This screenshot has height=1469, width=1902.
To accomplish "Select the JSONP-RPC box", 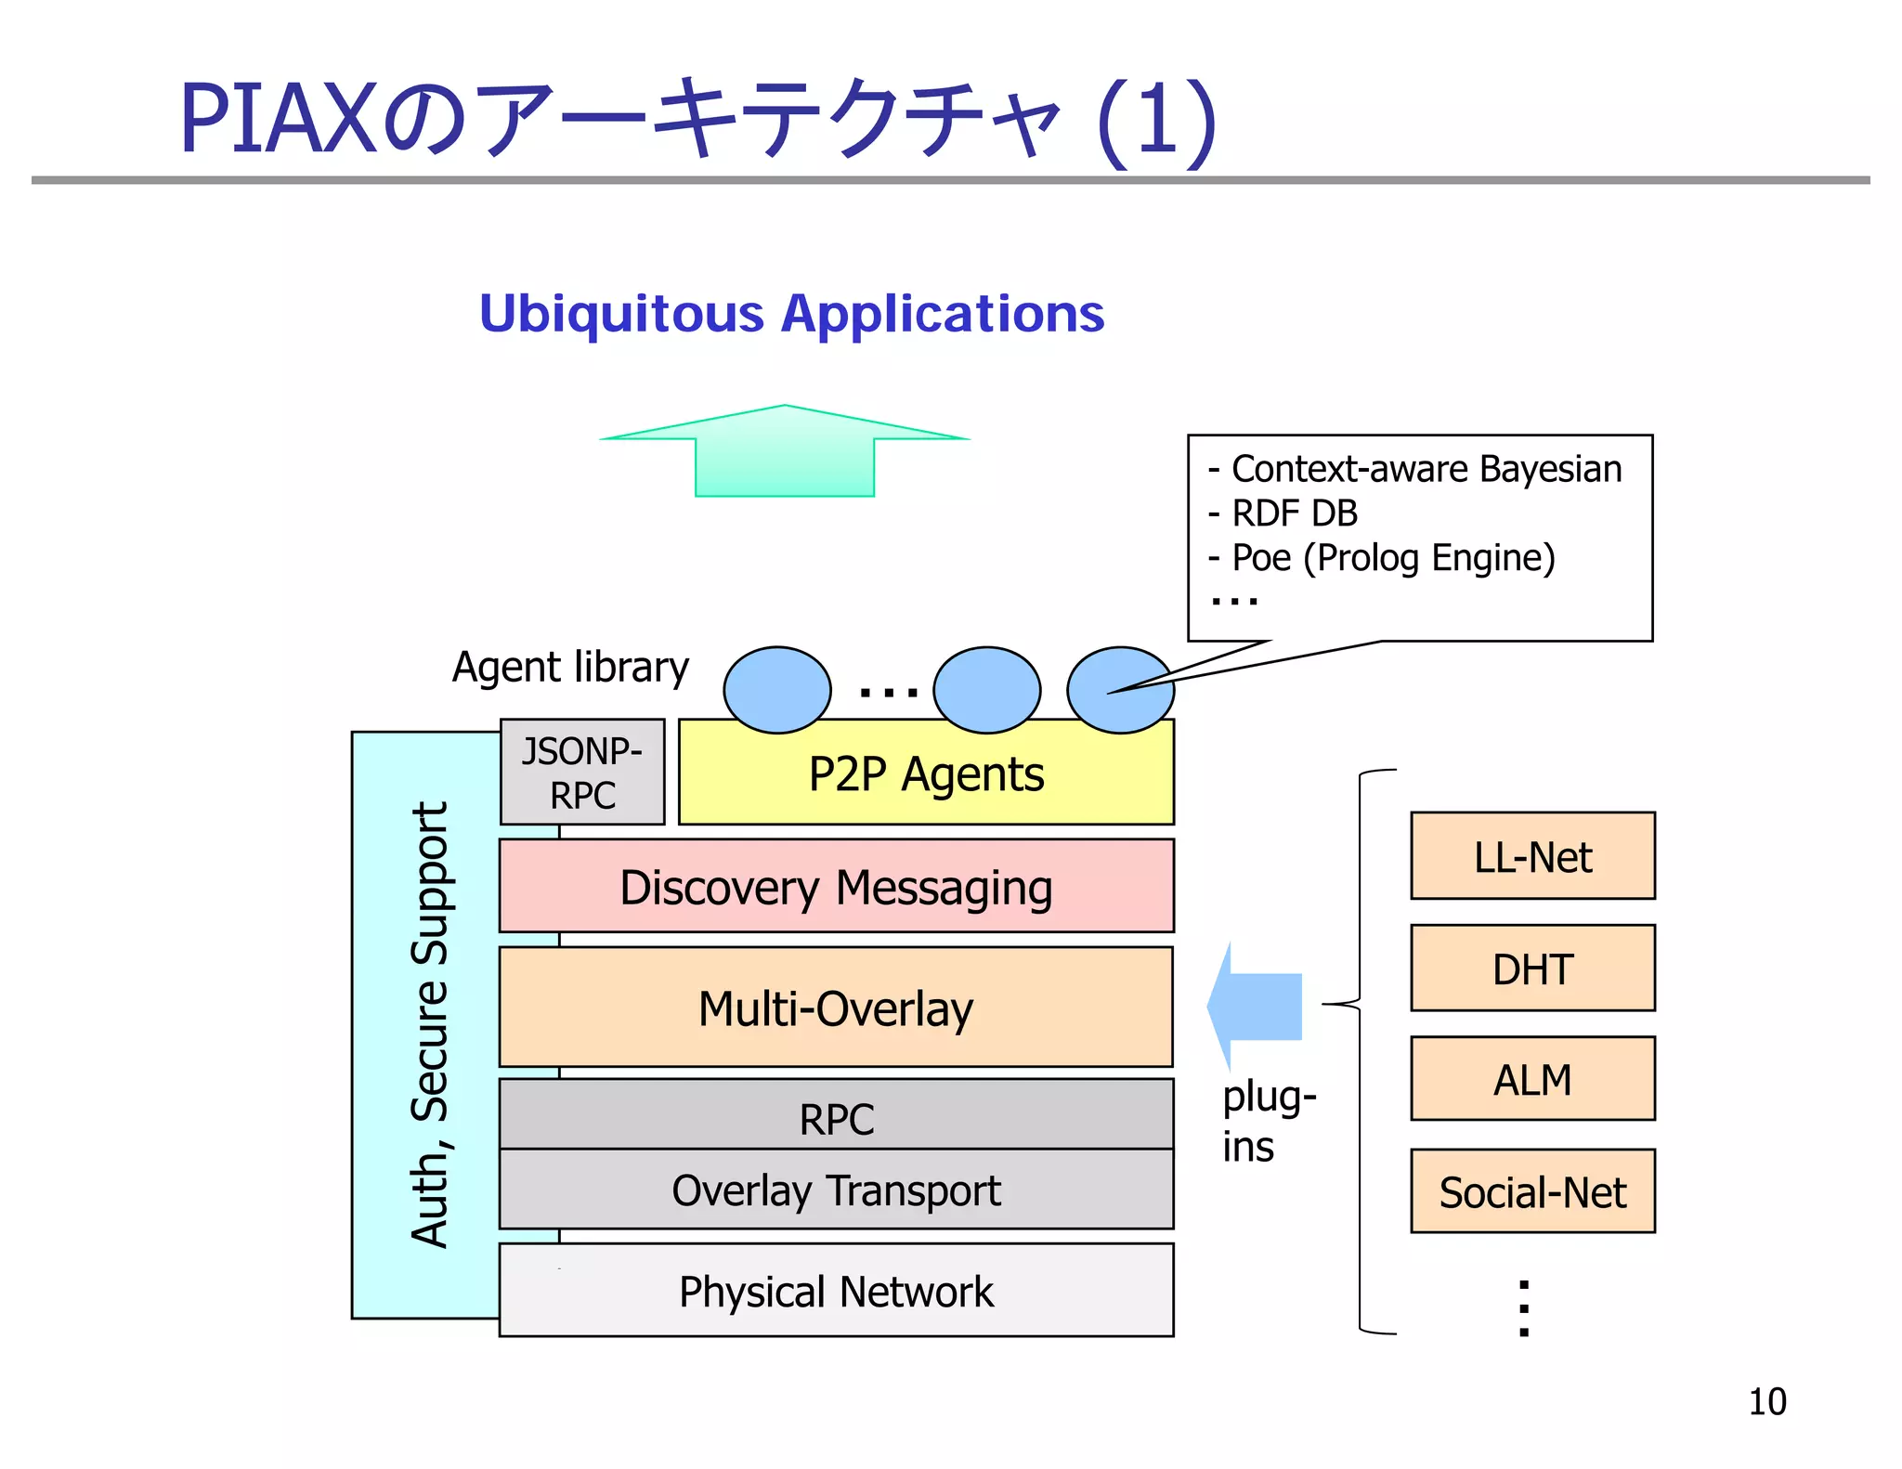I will pyautogui.click(x=582, y=773).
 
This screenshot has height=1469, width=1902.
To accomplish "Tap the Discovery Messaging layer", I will pyautogui.click(x=836, y=887).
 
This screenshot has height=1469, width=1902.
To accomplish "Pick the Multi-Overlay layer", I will pyautogui.click(x=836, y=1008).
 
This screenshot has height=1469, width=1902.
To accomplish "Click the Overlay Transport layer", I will pyautogui.click(x=836, y=1190).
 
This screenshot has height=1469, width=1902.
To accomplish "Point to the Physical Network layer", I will pyautogui.click(x=836, y=1292).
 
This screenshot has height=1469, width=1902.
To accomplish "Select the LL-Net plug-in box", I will pyautogui.click(x=1532, y=856).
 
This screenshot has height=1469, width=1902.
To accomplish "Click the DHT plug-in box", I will pyautogui.click(x=1532, y=968).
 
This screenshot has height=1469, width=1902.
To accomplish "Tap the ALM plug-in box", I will pyautogui.click(x=1532, y=1080).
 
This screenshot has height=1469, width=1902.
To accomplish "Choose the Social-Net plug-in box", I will pyautogui.click(x=1532, y=1192).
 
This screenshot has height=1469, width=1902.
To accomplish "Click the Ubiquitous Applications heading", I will pyautogui.click(x=791, y=313).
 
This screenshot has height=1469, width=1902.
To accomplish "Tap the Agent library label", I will pyautogui.click(x=570, y=667).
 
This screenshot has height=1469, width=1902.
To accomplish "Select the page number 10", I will pyautogui.click(x=1766, y=1401).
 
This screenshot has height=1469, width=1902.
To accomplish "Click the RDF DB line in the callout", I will pyautogui.click(x=1293, y=513).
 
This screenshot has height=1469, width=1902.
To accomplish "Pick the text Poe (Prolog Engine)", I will pyautogui.click(x=1392, y=558).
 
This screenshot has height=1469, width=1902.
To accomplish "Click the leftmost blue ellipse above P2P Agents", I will pyautogui.click(x=776, y=690).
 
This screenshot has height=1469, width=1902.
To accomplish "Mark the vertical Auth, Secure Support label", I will pyautogui.click(x=429, y=1024).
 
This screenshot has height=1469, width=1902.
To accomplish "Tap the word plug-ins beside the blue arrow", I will pyautogui.click(x=1267, y=1121).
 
